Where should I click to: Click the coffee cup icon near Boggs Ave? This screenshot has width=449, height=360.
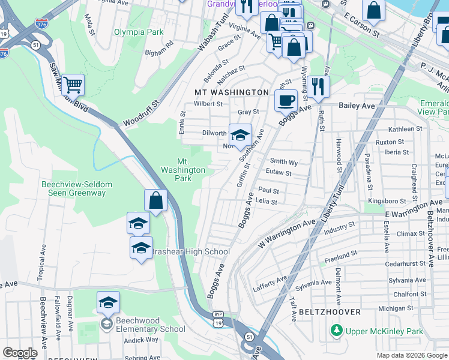(286, 100)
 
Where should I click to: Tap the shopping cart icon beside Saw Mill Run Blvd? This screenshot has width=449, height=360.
(73, 85)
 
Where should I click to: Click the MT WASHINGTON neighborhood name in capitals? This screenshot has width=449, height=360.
(231, 92)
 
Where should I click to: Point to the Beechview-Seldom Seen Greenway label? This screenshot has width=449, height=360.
(73, 188)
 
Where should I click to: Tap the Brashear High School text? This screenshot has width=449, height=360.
(190, 252)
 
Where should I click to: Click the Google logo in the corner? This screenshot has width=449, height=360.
(20, 353)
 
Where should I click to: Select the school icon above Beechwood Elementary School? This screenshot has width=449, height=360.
(108, 302)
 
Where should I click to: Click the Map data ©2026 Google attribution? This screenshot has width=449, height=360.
(411, 355)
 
